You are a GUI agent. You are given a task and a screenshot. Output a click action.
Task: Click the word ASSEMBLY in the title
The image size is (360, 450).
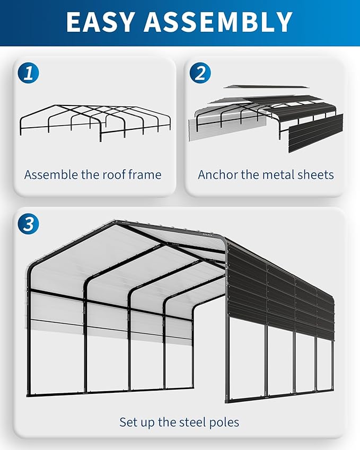click(218, 22)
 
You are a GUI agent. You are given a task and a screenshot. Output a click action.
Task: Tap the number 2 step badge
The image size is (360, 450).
click(200, 72)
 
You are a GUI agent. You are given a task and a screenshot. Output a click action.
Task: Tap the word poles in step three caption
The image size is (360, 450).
click(223, 422)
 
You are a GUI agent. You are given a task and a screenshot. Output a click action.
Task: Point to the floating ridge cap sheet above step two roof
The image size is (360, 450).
click(262, 86)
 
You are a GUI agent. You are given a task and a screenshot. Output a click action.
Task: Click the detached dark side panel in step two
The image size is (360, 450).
click(315, 133)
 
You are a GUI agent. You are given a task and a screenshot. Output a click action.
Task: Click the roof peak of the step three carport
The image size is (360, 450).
click(115, 222)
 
